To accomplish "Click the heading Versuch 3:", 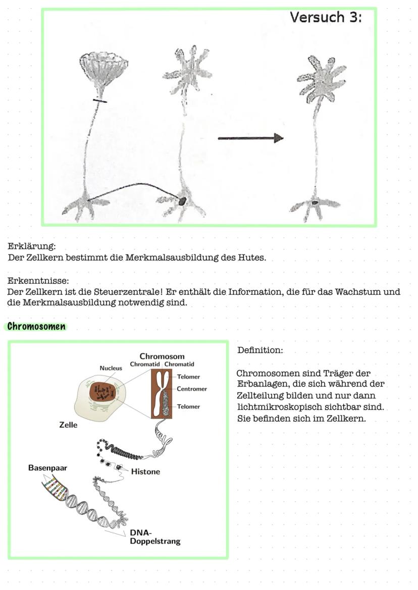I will click(x=326, y=17).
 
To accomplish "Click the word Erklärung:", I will click(x=31, y=247).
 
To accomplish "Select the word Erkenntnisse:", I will click(x=38, y=281).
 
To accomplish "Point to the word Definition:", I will click(x=260, y=350).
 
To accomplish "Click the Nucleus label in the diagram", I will click(x=111, y=368).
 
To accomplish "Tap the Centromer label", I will click(x=192, y=389).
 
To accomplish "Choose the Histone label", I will click(x=145, y=472).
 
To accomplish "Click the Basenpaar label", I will click(x=47, y=468).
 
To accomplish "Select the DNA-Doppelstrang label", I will click(x=154, y=537).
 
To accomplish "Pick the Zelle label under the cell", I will click(x=68, y=425).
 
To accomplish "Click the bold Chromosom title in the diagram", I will click(x=162, y=356).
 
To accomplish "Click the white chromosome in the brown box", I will click(x=162, y=393).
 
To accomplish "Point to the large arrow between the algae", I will click(x=250, y=138).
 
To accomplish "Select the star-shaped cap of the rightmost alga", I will click(x=321, y=78).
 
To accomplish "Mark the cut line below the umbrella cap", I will click(x=99, y=101).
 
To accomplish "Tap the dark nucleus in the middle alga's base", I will click(x=182, y=200).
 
